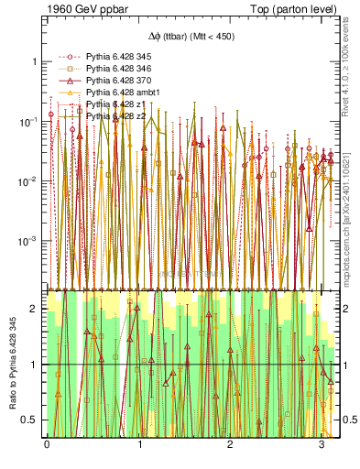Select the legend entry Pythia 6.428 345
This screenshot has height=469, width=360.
pos(114,56)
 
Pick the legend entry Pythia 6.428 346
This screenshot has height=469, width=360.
pos(114,68)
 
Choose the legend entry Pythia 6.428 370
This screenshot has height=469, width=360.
pos(114,80)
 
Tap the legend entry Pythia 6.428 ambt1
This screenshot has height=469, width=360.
pos(116,92)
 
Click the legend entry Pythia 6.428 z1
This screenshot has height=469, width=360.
pos(110,104)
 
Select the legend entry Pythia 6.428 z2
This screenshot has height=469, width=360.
pos(110,115)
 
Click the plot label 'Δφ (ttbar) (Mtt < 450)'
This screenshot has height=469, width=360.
pos(191,36)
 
